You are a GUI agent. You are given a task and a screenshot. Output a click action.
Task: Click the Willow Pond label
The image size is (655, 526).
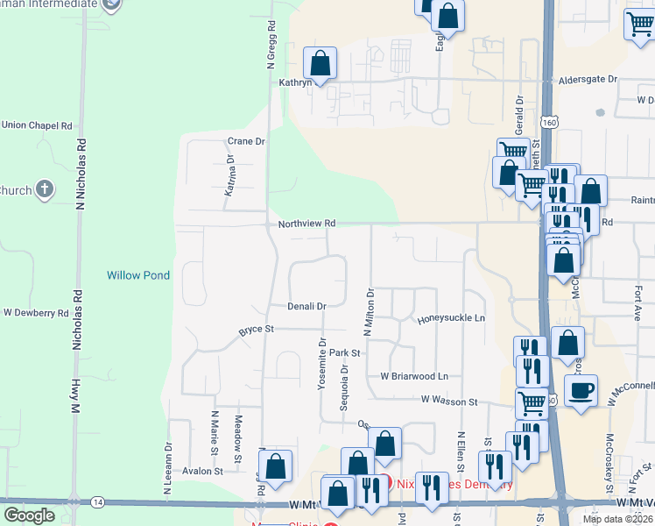coord(138,275)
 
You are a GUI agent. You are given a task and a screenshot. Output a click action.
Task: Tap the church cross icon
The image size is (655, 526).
coord(46,189)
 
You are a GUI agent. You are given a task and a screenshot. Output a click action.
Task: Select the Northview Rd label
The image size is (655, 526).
coord(306,224)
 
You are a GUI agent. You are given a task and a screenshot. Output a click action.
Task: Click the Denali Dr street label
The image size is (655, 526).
coord(306,306)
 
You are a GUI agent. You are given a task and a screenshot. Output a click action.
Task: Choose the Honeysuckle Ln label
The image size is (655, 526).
coord(451,319)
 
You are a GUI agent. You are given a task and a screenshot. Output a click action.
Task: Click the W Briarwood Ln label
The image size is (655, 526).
coord(413,376)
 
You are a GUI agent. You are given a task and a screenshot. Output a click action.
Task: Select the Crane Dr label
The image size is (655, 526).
coord(245,141)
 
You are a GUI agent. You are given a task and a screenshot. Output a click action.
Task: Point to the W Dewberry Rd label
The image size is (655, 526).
coord(36,312)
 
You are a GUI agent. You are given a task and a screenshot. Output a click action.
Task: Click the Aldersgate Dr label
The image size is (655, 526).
coord(588,79)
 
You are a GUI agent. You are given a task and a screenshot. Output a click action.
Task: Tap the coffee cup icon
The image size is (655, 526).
coord(581,390)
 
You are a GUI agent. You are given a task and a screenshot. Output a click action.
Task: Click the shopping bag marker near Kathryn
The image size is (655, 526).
coord(320,63)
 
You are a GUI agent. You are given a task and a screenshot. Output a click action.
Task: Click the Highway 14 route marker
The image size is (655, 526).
coord(98,501)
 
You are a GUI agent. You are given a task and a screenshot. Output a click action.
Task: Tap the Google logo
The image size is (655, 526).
coord(29,515)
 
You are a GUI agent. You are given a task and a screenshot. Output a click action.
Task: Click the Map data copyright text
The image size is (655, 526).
coord(616,519)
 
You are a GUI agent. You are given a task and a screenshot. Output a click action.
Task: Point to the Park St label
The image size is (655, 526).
coord(345,352)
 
